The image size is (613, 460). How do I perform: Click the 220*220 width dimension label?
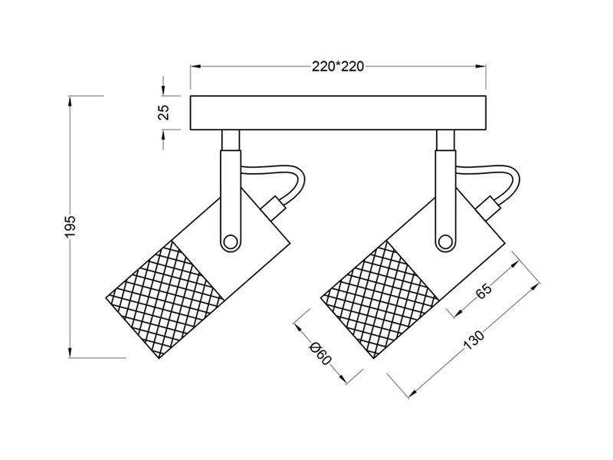point(338,67)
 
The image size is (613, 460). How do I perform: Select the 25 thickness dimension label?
point(164,113)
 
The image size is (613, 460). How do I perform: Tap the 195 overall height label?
point(69,226)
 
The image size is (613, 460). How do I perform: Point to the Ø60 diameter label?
point(320,353)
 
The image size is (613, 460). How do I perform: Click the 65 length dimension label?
point(484,291)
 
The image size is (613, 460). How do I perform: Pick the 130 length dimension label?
point(474,340)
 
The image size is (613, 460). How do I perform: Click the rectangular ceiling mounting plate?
point(338,113)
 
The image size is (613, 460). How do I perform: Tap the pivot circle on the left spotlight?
point(230,242)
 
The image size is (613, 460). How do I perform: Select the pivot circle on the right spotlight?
point(445,242)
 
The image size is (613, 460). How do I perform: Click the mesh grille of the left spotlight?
point(166,299)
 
